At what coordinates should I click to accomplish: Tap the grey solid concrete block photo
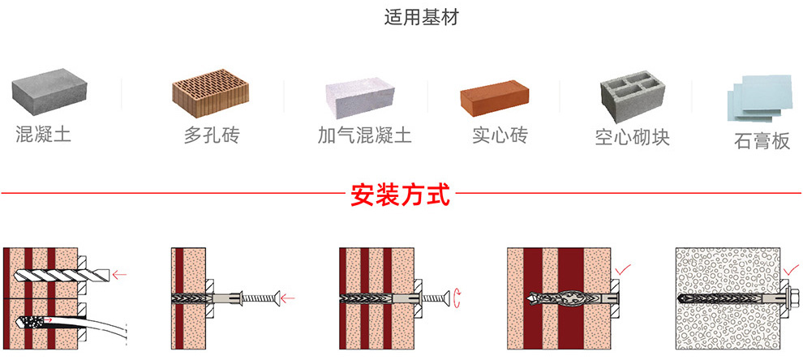[49, 91]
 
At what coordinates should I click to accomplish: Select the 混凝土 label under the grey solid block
[44, 134]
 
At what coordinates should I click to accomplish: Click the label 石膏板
[762, 142]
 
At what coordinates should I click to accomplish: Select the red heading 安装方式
[400, 195]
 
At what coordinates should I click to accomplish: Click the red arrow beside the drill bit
[121, 275]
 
